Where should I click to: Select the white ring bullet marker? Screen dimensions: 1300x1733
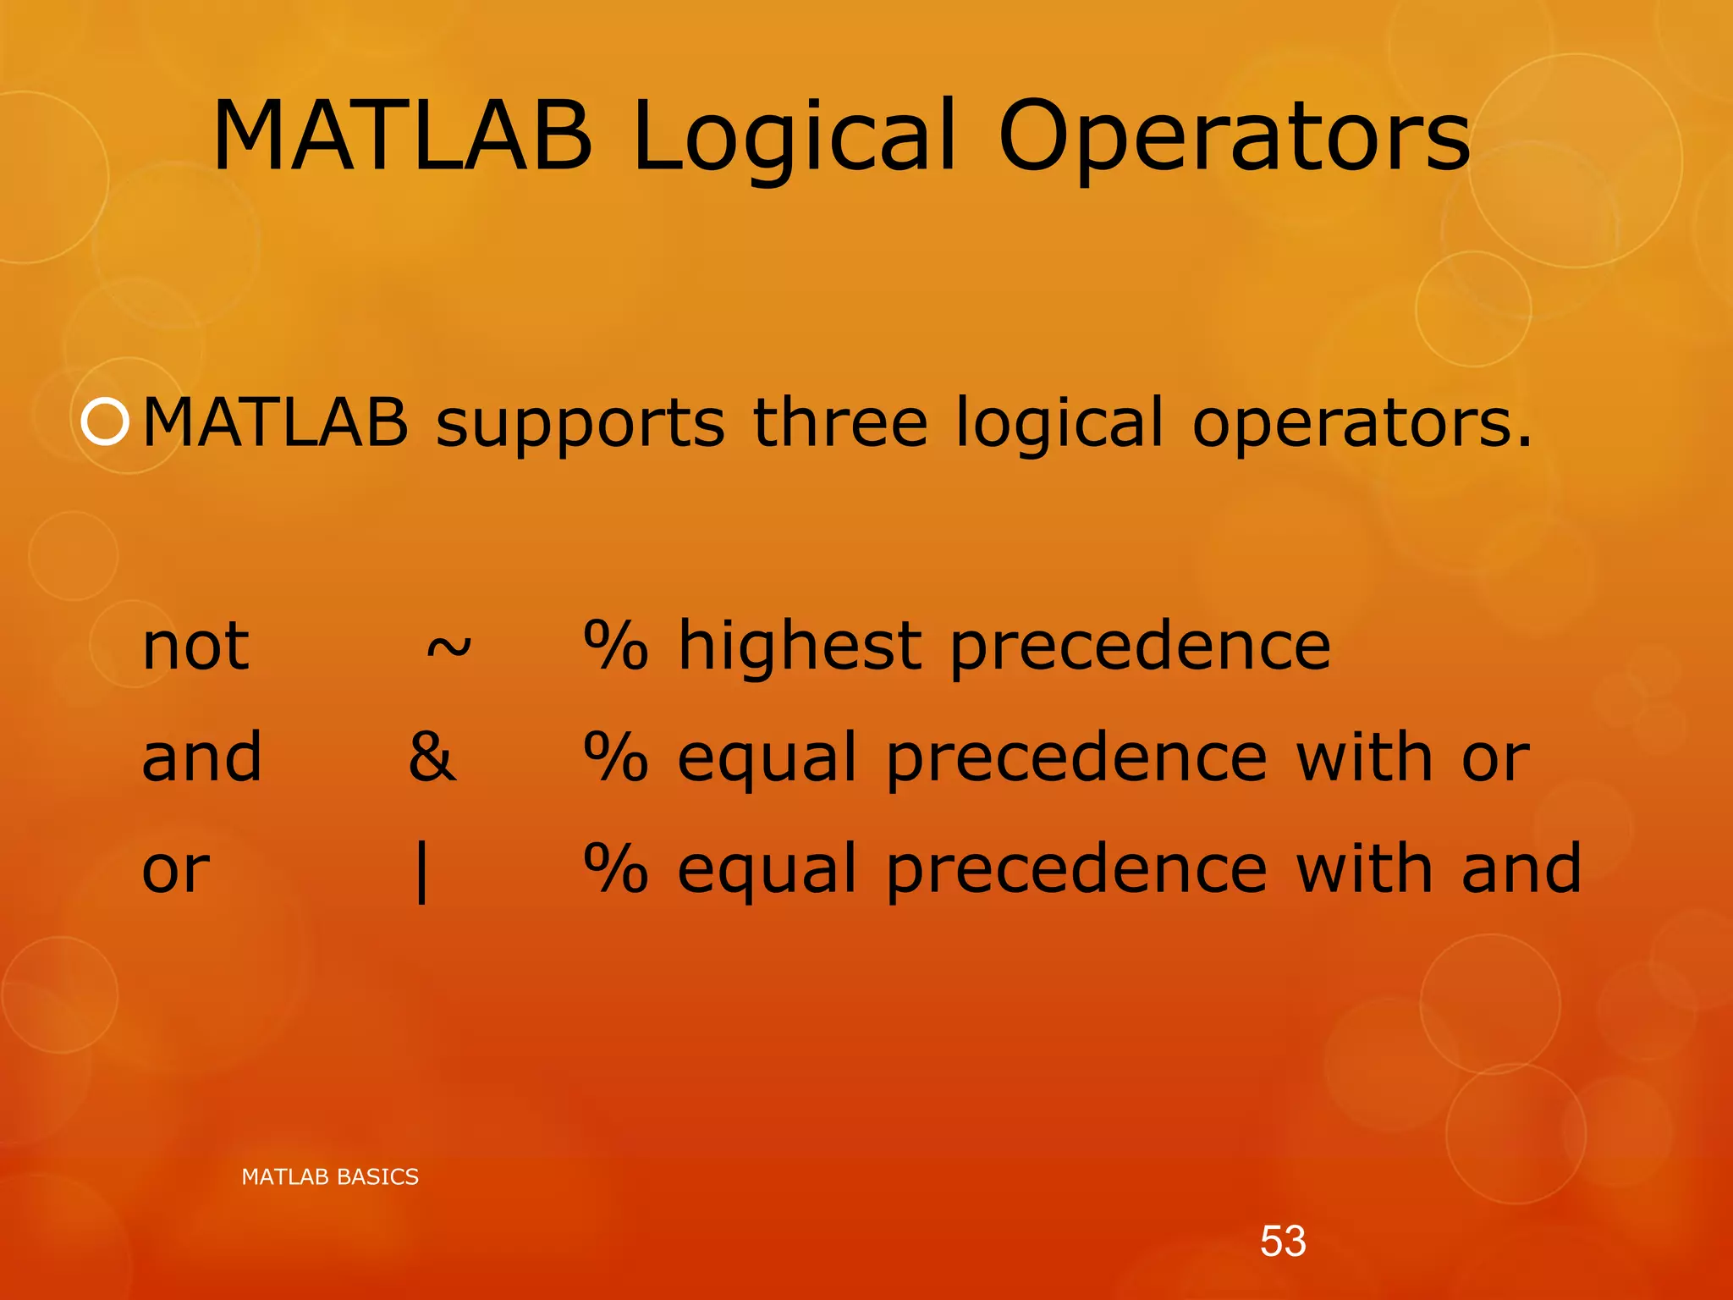pyautogui.click(x=105, y=421)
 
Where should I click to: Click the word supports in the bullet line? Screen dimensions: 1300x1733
pyautogui.click(x=580, y=423)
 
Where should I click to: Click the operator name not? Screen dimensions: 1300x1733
pyautogui.click(x=195, y=647)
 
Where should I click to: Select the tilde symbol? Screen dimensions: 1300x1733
pyautogui.click(x=448, y=648)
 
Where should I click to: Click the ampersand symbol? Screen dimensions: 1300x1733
pyautogui.click(x=432, y=757)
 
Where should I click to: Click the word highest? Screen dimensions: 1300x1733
pyautogui.click(x=799, y=647)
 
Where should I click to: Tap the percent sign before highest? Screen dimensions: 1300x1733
pyautogui.click(x=616, y=647)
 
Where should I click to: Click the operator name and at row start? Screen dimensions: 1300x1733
pyautogui.click(x=201, y=757)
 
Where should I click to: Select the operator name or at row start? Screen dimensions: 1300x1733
pyautogui.click(x=175, y=870)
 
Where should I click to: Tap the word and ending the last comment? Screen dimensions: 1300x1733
pyautogui.click(x=1521, y=868)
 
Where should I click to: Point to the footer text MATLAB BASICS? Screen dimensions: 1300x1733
pyautogui.click(x=330, y=1177)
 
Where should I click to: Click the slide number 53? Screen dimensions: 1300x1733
pyautogui.click(x=1283, y=1242)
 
